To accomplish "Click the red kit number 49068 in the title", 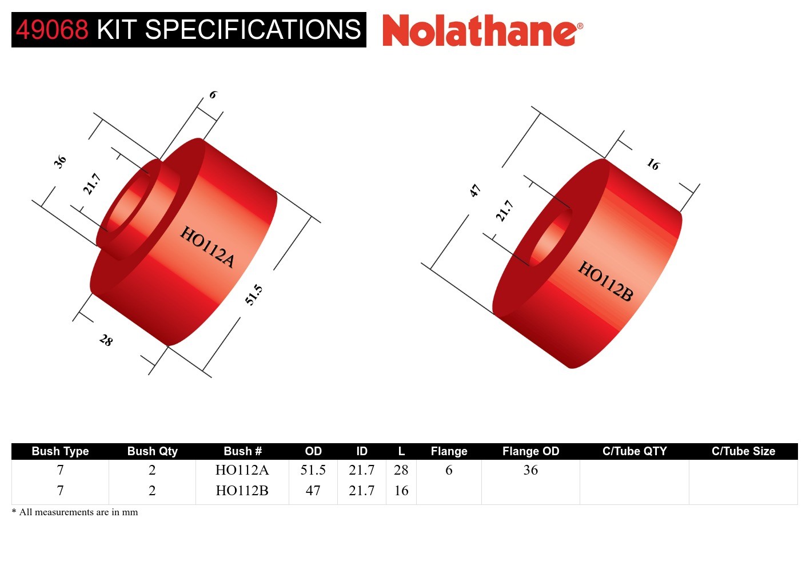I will (52, 30).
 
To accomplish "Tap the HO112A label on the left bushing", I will (208, 247).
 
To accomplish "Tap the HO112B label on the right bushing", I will (605, 281).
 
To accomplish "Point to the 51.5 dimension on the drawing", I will (254, 295).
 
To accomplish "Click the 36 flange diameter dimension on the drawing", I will (60, 162).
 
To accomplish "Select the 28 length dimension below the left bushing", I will (106, 340).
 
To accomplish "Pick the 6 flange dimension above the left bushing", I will (213, 94).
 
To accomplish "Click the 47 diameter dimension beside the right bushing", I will (475, 190).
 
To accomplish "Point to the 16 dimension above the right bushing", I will (653, 165).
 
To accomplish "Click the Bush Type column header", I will (60, 451).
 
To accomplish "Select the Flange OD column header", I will (530, 451).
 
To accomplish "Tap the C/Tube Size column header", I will (743, 451).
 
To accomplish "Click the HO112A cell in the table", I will (242, 470).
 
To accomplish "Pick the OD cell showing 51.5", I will (313, 470).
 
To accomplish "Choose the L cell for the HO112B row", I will (401, 491).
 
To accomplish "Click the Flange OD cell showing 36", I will (530, 470).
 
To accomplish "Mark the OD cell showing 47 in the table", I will (313, 491).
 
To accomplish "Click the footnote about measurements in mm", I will (75, 512).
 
